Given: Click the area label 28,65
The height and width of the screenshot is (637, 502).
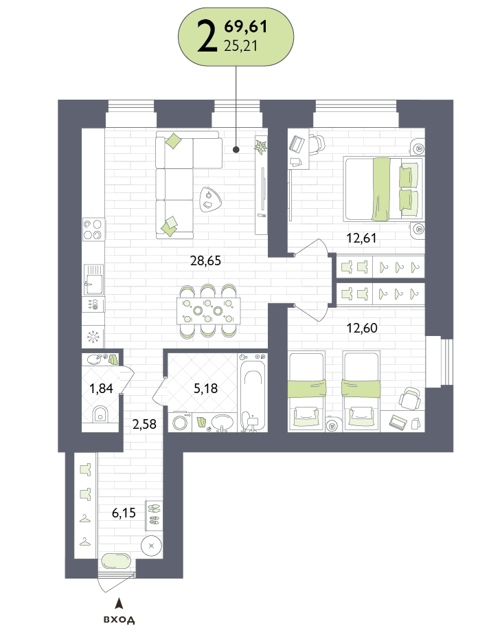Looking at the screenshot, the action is [205, 260].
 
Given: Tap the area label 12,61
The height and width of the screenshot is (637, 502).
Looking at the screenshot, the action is [361, 238].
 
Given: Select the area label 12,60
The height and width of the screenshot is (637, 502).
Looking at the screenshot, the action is [362, 328].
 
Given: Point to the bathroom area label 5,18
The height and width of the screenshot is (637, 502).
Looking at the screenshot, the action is [205, 388].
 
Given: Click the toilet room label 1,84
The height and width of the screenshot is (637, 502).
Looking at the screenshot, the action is [101, 389].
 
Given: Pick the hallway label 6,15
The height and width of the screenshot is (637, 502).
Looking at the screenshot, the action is [124, 513].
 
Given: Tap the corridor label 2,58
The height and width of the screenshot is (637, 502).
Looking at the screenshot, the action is [144, 424].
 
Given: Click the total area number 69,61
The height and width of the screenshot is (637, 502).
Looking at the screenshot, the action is [246, 26].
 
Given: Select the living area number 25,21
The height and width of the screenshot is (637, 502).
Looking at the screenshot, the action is [241, 46].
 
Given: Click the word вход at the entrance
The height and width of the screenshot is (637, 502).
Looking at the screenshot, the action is [119, 620].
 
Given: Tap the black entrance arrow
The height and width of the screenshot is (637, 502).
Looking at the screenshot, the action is [119, 603].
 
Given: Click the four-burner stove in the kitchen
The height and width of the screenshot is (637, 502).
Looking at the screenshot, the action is [93, 230].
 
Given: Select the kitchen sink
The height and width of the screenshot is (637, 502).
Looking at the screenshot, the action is [93, 280].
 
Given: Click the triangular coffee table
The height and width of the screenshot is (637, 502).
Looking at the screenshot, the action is [210, 199].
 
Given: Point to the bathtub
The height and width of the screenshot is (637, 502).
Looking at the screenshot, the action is [252, 393].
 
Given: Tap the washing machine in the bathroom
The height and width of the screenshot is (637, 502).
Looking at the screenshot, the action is [180, 422].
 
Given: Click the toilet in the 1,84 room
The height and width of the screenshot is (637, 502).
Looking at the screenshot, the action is [100, 414].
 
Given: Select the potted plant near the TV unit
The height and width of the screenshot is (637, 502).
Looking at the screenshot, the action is [260, 146].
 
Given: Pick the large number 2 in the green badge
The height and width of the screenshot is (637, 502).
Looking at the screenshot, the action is [207, 36].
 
